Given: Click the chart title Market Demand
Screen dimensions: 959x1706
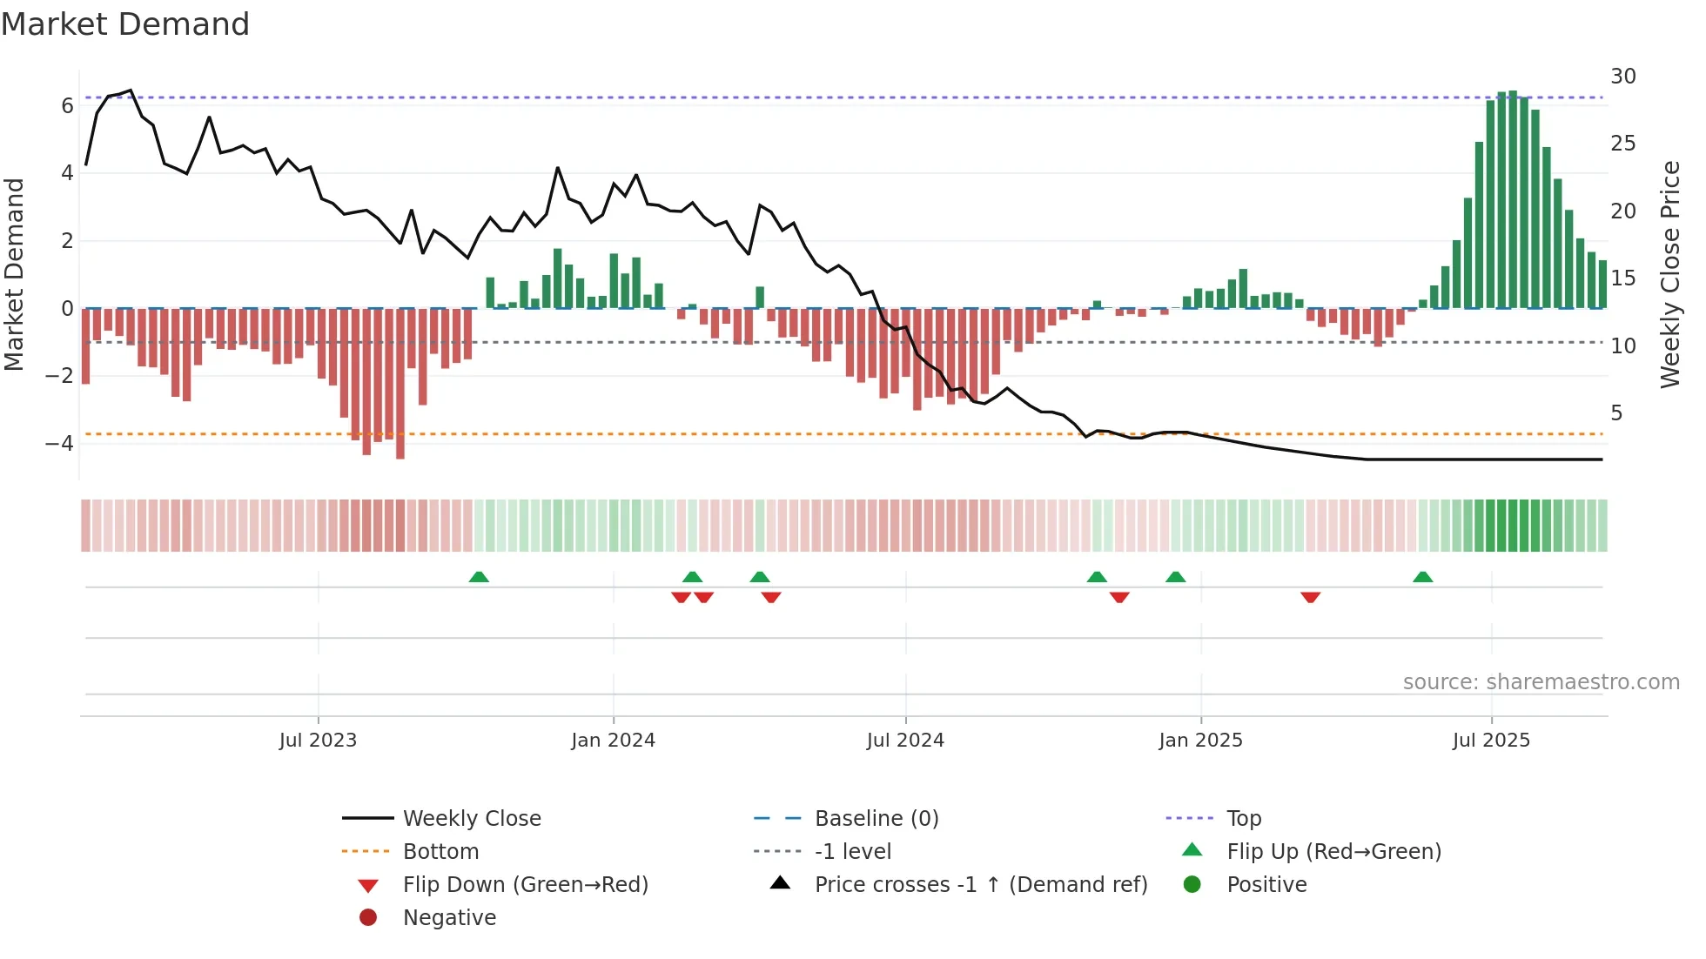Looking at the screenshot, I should (x=125, y=24).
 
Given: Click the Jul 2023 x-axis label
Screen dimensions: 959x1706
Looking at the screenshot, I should (x=318, y=741).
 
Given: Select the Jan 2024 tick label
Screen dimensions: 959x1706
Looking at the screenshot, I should (x=613, y=741).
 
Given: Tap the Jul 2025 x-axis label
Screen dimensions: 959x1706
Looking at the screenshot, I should (x=1490, y=741).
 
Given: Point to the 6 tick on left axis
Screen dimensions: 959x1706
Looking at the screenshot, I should (x=67, y=106).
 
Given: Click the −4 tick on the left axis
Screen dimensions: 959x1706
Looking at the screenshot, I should (x=59, y=444).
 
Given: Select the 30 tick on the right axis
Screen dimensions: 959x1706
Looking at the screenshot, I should (x=1622, y=77).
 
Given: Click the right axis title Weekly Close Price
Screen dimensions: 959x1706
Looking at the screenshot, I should (x=1669, y=274).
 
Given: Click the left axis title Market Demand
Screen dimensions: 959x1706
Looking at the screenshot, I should (x=14, y=274).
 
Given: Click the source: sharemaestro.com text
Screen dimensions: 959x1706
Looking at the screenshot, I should (x=1541, y=682).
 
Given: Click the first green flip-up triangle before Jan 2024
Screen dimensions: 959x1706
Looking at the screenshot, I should (x=479, y=577).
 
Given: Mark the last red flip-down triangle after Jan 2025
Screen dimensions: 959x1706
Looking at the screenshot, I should (x=1310, y=597).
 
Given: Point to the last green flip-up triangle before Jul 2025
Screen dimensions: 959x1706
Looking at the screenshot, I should (x=1422, y=577).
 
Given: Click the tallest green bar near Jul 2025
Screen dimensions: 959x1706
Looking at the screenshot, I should (x=1513, y=200).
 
